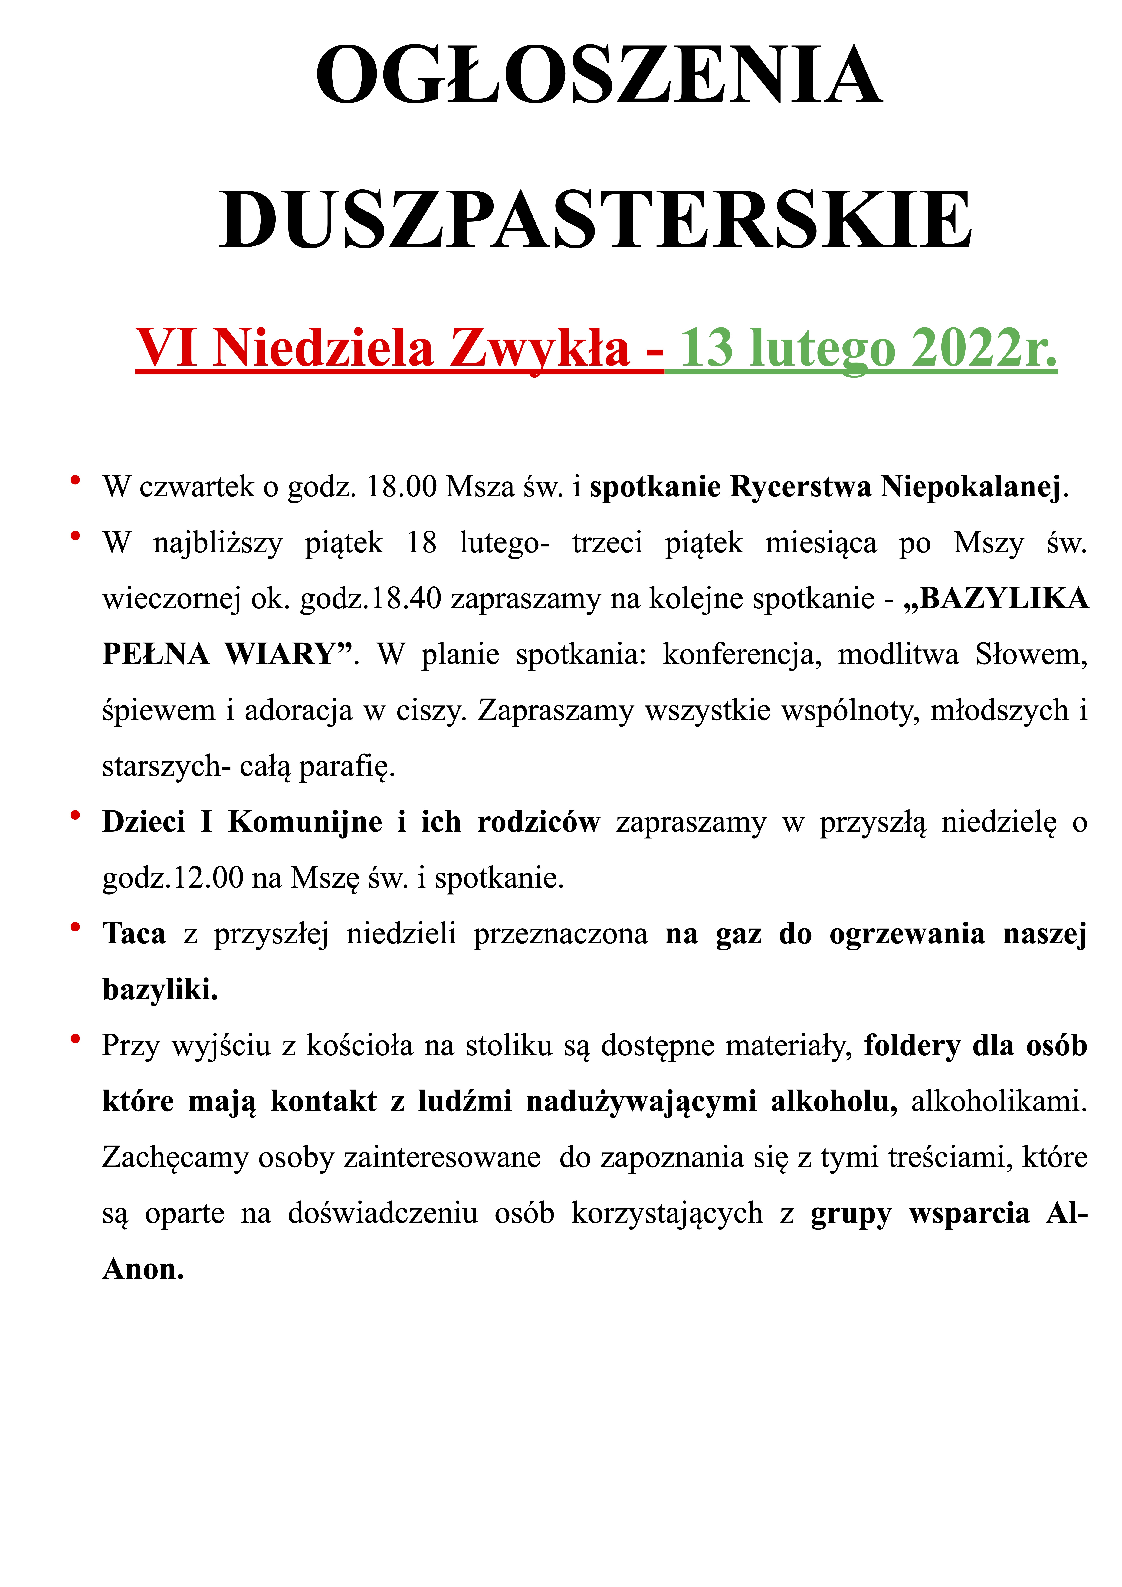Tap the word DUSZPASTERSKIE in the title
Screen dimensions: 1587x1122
pos(596,220)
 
